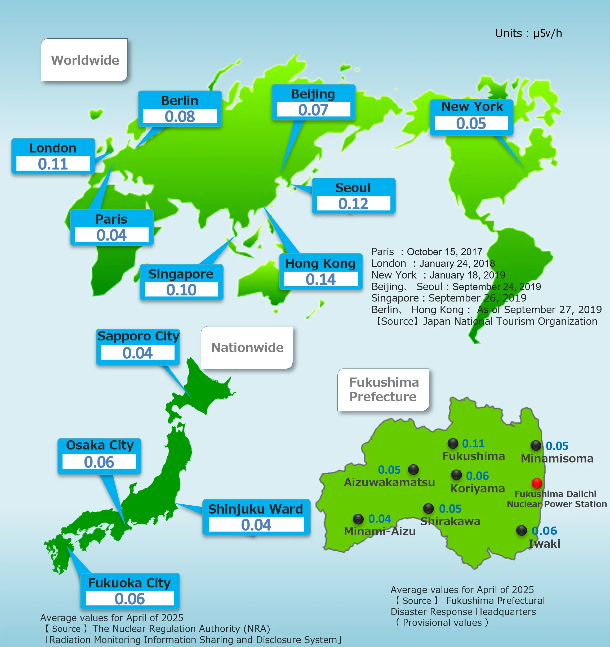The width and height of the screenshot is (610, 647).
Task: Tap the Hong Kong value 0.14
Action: [x=321, y=280]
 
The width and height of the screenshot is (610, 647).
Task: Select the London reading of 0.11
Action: [x=53, y=164]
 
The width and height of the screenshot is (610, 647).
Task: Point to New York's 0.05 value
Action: [x=471, y=123]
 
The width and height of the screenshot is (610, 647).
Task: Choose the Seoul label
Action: [x=353, y=188]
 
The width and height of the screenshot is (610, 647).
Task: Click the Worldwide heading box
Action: [x=84, y=60]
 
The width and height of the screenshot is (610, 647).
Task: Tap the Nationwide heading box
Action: [x=247, y=348]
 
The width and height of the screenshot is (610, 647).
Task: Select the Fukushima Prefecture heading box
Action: [x=383, y=390]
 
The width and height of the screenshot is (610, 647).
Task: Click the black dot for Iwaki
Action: [x=522, y=530]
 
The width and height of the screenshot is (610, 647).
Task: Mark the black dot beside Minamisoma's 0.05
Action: [x=536, y=445]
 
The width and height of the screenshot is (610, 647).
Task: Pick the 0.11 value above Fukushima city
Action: [x=473, y=443]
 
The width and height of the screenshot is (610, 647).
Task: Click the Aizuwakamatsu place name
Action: [x=389, y=482]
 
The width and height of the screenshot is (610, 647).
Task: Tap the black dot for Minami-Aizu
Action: [x=358, y=519]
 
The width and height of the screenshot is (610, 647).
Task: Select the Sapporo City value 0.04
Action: [x=137, y=353]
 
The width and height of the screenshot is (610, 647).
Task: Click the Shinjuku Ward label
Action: [x=256, y=509]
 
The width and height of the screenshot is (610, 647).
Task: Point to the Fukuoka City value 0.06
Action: [x=130, y=599]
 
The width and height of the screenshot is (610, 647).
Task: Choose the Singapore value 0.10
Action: [x=181, y=290]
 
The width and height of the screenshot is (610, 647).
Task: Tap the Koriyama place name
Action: [x=477, y=488]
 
